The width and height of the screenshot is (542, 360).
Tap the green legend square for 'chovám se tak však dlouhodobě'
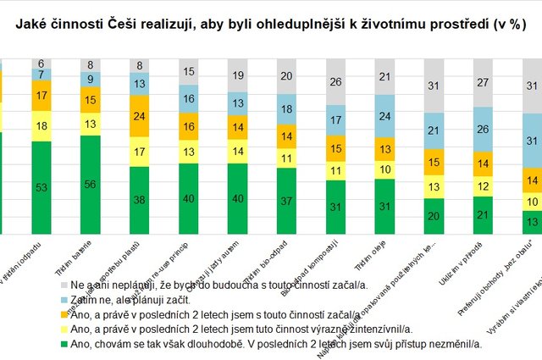(x=64, y=344)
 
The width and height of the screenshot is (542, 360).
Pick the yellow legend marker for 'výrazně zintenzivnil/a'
(x=64, y=330)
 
